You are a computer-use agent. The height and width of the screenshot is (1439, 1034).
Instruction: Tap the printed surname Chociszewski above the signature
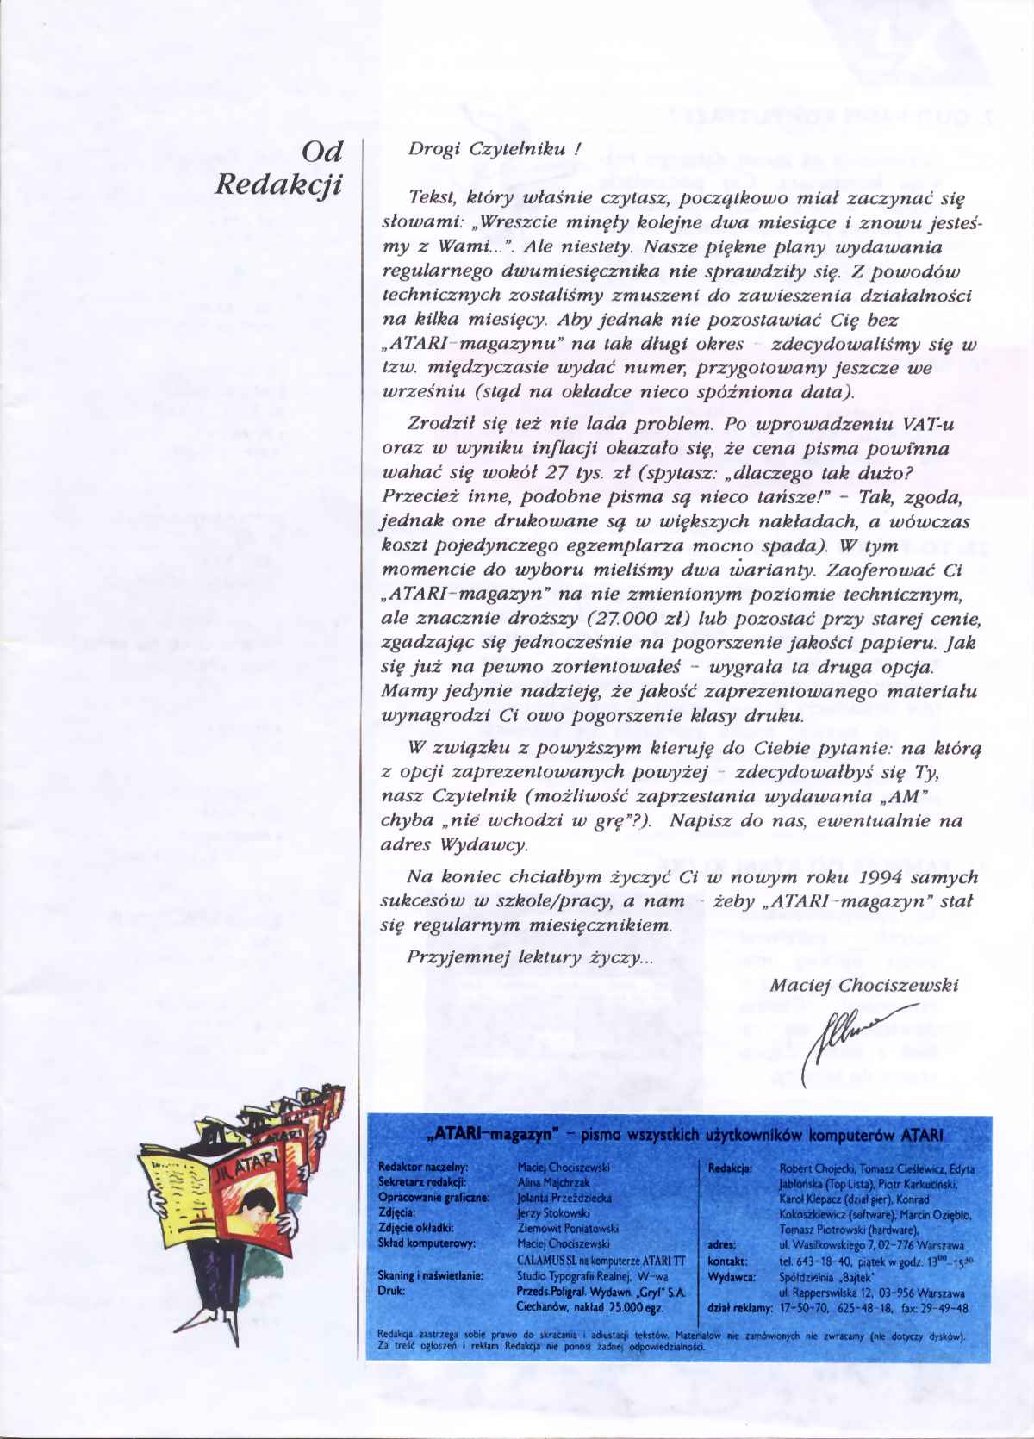click(x=898, y=985)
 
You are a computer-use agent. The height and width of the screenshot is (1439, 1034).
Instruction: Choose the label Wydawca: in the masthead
click(x=732, y=1277)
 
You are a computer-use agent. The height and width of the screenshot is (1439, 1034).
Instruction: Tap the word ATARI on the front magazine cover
click(x=258, y=1166)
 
